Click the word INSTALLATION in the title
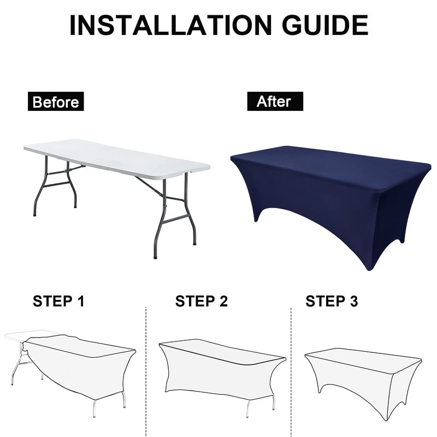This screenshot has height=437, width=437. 170,25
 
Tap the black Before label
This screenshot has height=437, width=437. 56,102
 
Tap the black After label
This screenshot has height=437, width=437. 275,102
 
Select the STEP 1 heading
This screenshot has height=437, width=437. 58,301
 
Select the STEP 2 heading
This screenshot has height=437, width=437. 202,301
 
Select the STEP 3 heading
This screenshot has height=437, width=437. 332,301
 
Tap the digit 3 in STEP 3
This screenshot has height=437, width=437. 353,301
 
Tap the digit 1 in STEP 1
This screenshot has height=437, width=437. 81,301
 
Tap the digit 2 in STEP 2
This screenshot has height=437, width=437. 223,301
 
